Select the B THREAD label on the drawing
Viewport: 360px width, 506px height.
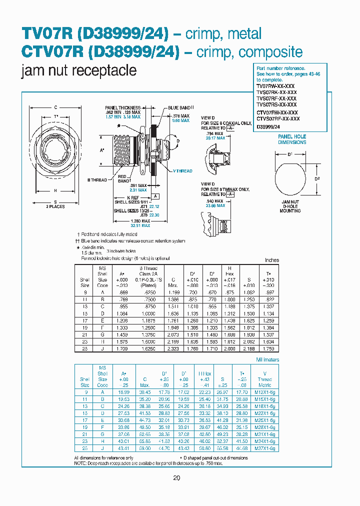[97, 179]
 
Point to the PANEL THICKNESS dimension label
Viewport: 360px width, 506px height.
[122, 107]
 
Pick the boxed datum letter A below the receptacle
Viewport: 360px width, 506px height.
[156, 196]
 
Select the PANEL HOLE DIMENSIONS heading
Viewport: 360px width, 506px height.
[292, 139]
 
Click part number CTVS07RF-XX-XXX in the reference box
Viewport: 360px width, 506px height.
[277, 118]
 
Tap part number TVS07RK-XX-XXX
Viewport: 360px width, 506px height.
[276, 92]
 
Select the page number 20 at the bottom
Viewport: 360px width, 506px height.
[176, 478]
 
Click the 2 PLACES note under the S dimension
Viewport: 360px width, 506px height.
[55, 206]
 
